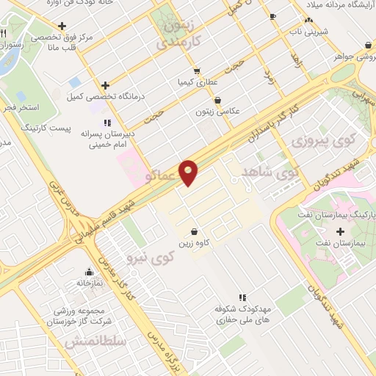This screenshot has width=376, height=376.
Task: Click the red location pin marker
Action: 189,172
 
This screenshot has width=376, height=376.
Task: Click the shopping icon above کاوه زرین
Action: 193,231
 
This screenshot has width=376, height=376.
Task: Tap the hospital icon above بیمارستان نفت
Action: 339,231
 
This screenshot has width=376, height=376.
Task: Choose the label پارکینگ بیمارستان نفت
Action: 328,215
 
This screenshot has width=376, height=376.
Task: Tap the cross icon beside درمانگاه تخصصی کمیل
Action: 106,85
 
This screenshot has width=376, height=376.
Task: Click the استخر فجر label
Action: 17,107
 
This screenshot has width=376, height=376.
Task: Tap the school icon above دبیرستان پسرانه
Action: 107,123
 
